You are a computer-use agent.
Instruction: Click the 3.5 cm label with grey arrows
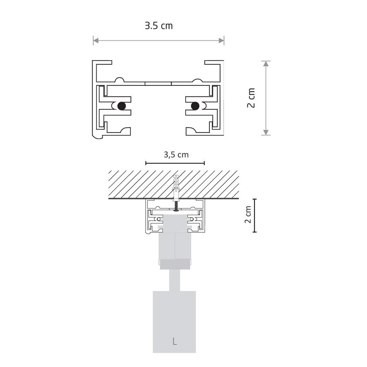159,26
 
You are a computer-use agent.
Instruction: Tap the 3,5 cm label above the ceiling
176,155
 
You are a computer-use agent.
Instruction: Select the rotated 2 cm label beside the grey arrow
251,98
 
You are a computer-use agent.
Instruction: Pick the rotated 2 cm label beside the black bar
248,215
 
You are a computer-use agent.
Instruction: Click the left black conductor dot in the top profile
121,106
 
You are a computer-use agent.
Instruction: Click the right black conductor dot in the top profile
195,106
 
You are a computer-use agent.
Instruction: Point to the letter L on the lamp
174,341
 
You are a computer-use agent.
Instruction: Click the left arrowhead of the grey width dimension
96,41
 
